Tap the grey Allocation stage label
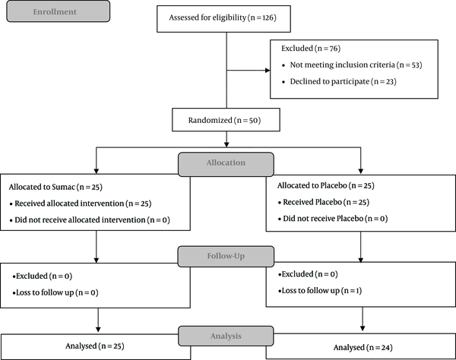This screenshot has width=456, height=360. pyautogui.click(x=226, y=165)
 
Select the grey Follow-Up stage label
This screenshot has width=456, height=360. pyautogui.click(x=226, y=257)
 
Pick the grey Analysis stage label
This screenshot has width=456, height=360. pyautogui.click(x=226, y=336)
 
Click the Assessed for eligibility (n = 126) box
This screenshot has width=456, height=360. pyautogui.click(x=223, y=19)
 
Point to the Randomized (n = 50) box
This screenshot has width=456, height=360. pyautogui.click(x=226, y=120)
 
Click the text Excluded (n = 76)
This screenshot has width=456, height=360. pyautogui.click(x=311, y=49)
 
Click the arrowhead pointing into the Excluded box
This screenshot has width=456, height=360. pyautogui.click(x=268, y=71)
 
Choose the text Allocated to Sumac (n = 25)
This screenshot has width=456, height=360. pyautogui.click(x=55, y=187)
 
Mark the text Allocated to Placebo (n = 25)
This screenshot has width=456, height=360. pyautogui.click(x=326, y=185)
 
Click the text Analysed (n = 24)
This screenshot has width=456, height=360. pyautogui.click(x=363, y=348)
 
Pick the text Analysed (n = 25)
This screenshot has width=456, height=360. pyautogui.click(x=95, y=346)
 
